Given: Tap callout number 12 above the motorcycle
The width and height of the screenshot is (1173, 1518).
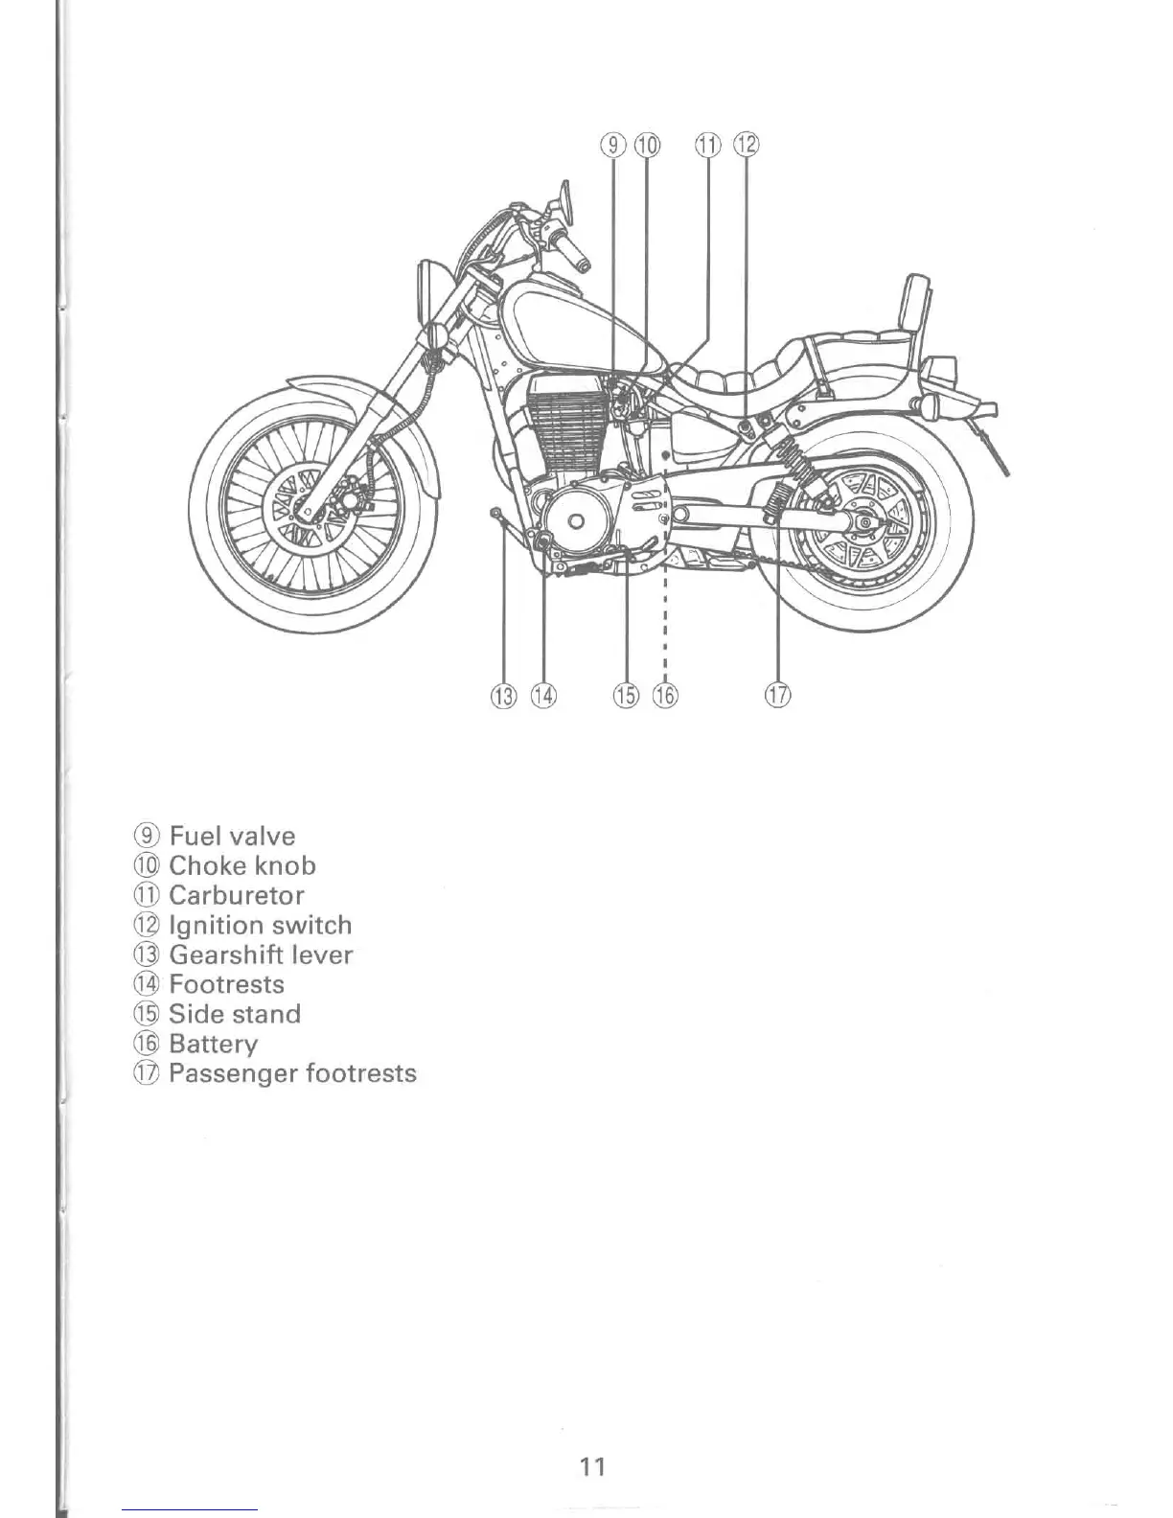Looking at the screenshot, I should (x=747, y=146).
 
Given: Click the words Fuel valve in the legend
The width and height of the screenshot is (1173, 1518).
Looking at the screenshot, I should (x=232, y=836).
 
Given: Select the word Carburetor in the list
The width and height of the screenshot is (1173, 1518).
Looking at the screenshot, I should (x=236, y=895).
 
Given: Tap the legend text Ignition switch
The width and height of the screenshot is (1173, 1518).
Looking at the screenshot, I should (x=260, y=925).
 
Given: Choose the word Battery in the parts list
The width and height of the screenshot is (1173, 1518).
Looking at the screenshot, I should (x=213, y=1044).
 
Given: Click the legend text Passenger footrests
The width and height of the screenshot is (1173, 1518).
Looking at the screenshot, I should (x=292, y=1073).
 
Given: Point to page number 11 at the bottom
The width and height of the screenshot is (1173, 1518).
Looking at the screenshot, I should (x=592, y=1465).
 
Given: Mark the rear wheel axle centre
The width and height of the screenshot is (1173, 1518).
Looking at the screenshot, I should (x=865, y=522).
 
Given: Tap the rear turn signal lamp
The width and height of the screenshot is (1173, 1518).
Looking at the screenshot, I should (x=928, y=405).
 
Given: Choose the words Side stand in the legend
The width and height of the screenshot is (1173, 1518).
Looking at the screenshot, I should (x=234, y=1014).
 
